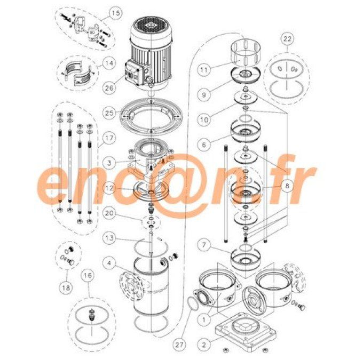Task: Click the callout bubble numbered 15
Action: (115, 12)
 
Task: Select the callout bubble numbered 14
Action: (109, 63)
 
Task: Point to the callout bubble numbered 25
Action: (109, 114)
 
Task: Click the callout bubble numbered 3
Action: (109, 161)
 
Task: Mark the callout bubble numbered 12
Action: (109, 188)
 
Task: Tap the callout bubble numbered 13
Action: (109, 236)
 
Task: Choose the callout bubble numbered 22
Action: (288, 39)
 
